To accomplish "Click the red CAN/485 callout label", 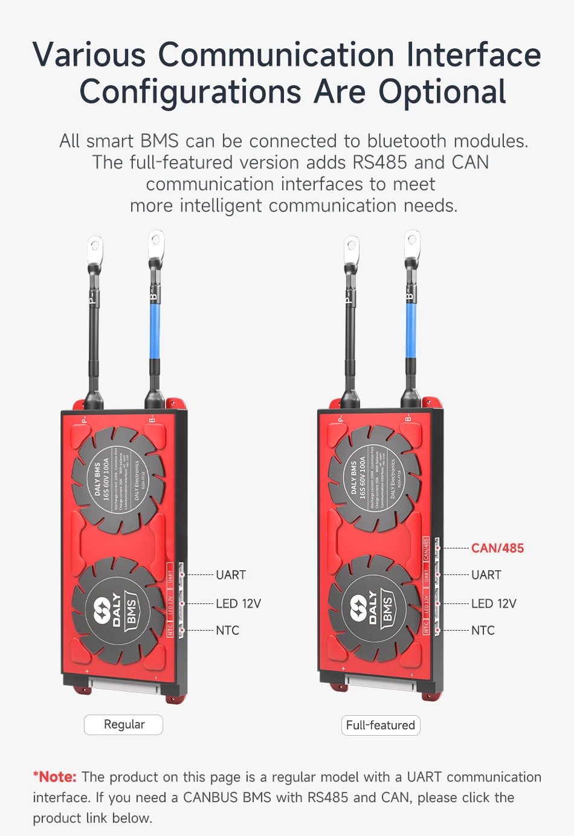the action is [497, 548].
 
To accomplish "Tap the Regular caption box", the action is [124, 724].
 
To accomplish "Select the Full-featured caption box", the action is [380, 725].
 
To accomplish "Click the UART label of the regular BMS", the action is [231, 574].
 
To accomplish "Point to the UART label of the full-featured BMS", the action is [486, 574].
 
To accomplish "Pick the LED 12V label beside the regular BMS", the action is [238, 603].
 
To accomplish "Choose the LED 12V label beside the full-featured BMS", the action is [494, 603].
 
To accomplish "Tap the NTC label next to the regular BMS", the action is [228, 630].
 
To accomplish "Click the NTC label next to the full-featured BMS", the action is [483, 630].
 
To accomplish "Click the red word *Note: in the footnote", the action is [55, 777].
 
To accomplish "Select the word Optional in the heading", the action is [442, 92].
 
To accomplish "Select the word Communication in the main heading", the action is [276, 54].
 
